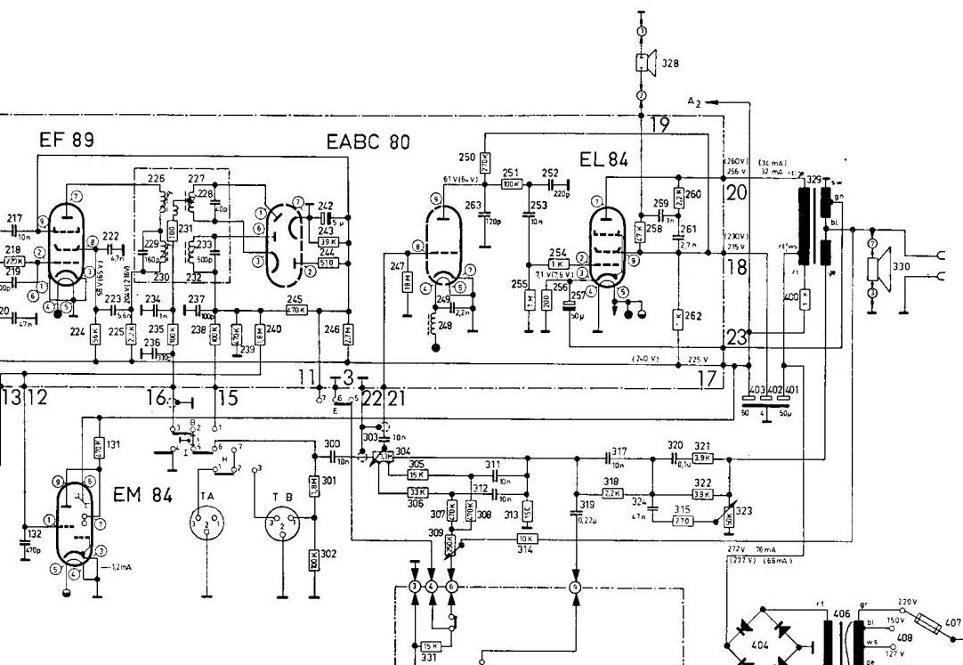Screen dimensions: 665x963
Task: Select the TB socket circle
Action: (x=278, y=526)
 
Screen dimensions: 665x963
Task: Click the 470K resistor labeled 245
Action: (x=295, y=310)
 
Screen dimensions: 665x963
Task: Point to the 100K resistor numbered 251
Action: (x=511, y=184)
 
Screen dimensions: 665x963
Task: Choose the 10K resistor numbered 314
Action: (x=525, y=539)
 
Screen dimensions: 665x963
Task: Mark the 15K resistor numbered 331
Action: (x=429, y=646)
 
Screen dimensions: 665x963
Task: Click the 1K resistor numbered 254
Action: (x=558, y=264)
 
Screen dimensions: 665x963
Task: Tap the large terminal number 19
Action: (x=659, y=126)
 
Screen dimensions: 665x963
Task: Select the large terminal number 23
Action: (x=735, y=337)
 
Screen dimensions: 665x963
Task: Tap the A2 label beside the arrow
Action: (x=695, y=102)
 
